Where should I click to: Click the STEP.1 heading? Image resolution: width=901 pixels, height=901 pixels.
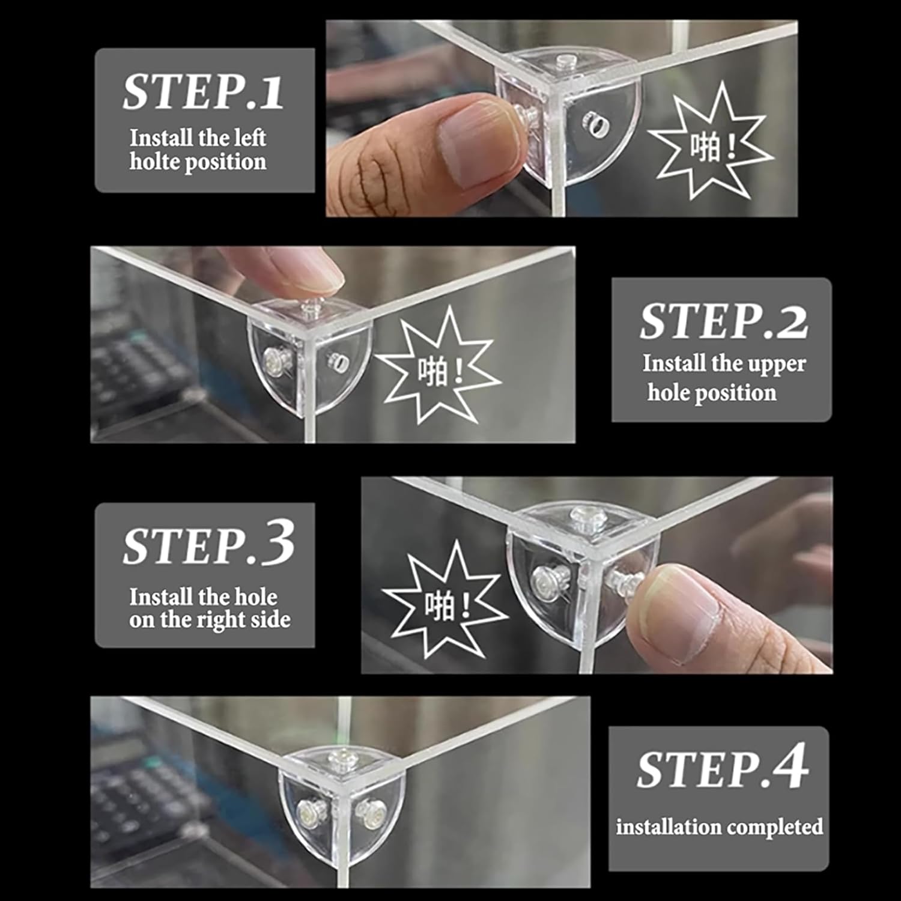point(203,92)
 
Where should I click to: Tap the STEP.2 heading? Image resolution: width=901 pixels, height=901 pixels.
point(724,321)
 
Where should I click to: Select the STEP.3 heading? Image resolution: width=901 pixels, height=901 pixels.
point(208,544)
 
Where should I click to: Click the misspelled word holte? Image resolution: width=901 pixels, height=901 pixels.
point(149,162)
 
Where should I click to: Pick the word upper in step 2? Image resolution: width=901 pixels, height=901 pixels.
point(782,365)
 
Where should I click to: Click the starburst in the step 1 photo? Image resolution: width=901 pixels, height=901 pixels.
point(711,142)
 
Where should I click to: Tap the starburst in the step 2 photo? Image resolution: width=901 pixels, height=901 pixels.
point(438,365)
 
